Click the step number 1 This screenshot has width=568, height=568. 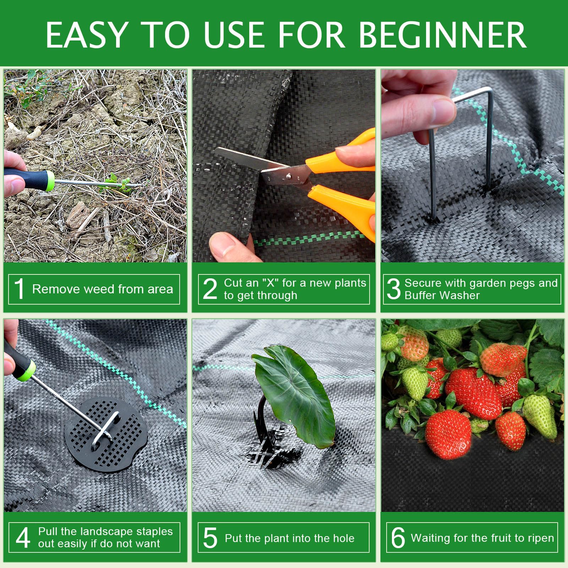(20, 289)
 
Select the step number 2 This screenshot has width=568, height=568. (210, 289)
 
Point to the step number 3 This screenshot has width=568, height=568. (393, 289)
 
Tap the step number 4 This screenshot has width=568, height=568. (23, 537)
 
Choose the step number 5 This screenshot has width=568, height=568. (210, 537)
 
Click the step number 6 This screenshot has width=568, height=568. (398, 537)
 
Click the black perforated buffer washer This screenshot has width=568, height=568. (106, 434)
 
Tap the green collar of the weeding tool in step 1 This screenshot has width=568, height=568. (49, 181)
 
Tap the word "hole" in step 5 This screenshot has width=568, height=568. (343, 538)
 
